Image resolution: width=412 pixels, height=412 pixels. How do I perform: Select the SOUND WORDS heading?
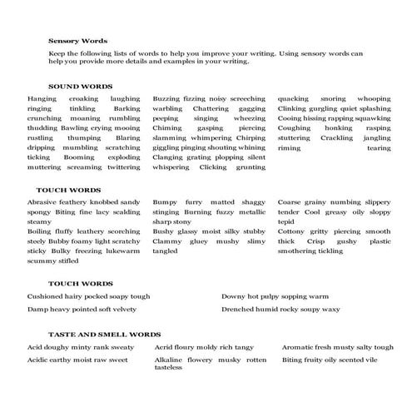click(81, 86)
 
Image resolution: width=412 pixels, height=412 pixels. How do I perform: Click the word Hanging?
click(42, 99)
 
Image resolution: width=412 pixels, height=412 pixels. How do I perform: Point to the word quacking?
click(294, 99)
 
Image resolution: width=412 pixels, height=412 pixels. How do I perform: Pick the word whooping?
click(373, 99)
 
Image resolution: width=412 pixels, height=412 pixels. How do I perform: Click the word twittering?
click(124, 166)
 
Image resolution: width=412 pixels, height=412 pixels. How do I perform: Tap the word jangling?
click(376, 137)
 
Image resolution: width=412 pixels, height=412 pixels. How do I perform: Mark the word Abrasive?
click(43, 202)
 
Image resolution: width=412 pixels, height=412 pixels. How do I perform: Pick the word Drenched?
click(239, 309)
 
